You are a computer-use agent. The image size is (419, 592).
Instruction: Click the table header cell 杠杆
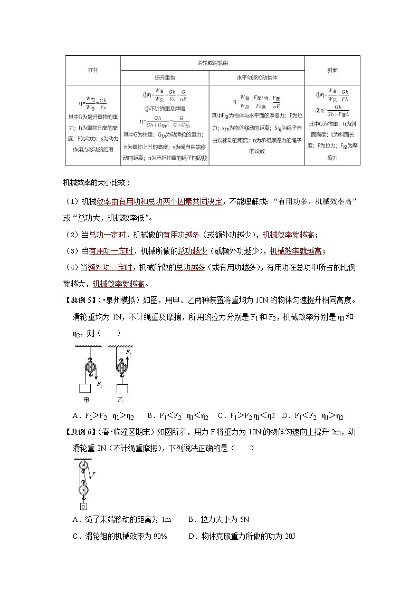tap(93, 70)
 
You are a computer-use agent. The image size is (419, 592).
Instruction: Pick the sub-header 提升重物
tap(165, 77)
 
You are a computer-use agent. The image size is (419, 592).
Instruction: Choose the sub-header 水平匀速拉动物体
tap(257, 77)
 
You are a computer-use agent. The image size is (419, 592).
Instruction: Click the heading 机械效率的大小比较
tap(93, 183)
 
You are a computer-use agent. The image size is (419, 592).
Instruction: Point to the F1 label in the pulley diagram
tap(100, 385)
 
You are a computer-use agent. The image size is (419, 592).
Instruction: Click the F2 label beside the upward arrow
tap(128, 352)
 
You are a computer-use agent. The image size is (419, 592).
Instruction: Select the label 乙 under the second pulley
tap(120, 400)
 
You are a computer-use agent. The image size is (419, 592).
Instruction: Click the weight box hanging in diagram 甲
tap(86, 389)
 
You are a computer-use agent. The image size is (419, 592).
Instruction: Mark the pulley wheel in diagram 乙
tap(121, 366)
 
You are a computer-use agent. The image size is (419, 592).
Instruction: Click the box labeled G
tap(83, 507)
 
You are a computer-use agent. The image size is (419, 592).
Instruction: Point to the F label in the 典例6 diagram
tap(93, 474)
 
